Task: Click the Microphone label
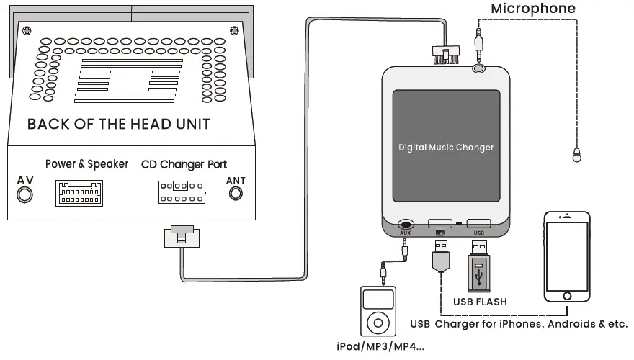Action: tap(533, 9)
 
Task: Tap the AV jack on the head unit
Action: tap(25, 194)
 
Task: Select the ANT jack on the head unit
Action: tap(235, 194)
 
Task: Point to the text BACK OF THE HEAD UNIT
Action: tap(119, 124)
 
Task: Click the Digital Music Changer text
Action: tap(446, 147)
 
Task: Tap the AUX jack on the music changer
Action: tap(405, 225)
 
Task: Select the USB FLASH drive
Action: tap(480, 270)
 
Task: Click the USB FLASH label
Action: tap(480, 302)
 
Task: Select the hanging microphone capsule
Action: tap(577, 153)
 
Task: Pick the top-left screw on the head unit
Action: tap(27, 30)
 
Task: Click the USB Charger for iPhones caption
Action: tap(519, 323)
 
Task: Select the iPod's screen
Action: tap(378, 299)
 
